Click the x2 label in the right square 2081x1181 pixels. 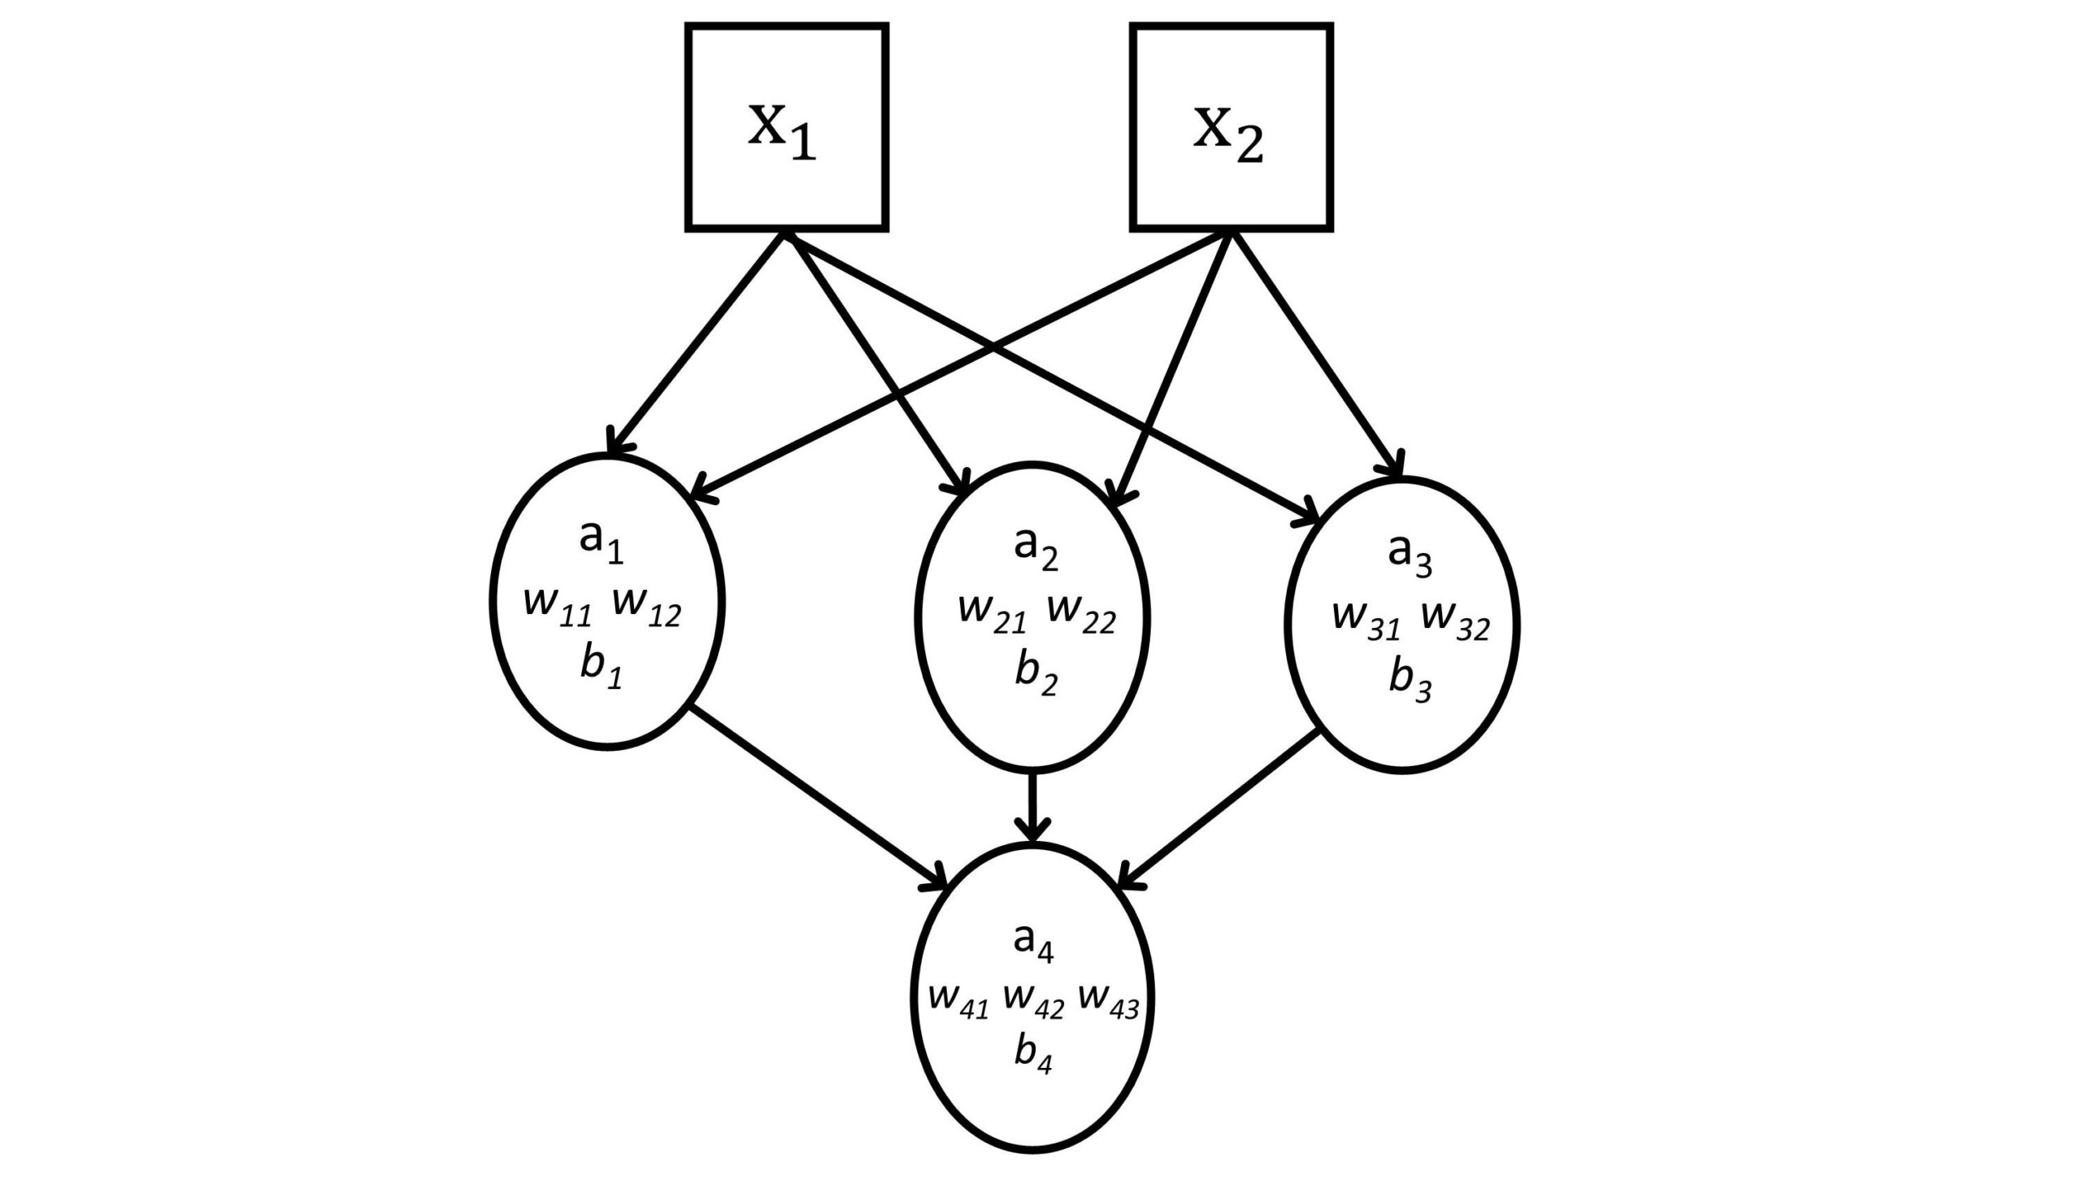pyautogui.click(x=1227, y=135)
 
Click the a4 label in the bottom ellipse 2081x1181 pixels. pyautogui.click(x=1033, y=943)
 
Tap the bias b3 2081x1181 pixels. pyautogui.click(x=1410, y=682)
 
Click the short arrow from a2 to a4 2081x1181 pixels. pyautogui.click(x=1033, y=806)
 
